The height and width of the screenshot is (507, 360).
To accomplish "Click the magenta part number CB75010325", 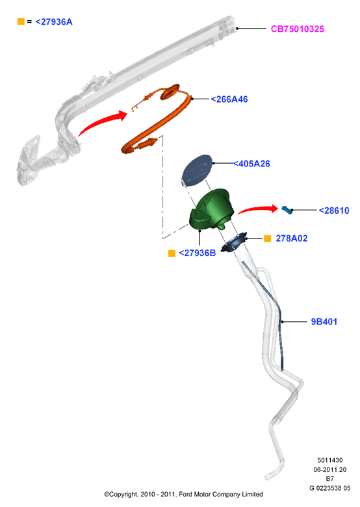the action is (298, 29).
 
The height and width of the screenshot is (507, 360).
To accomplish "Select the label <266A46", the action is (229, 99).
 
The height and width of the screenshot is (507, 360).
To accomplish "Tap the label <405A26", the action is (251, 164).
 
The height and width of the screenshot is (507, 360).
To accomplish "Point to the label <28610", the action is (334, 211).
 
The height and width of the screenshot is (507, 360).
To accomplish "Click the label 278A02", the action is (292, 239).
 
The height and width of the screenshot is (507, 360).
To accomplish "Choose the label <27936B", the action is (197, 253).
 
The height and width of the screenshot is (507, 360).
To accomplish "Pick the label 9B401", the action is (324, 322).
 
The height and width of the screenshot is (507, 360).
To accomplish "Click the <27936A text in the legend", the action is (54, 22).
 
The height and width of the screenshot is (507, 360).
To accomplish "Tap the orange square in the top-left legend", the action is (21, 21).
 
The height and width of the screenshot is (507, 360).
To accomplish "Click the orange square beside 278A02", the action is (267, 239).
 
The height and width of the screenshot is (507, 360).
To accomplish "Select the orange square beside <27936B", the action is (172, 253).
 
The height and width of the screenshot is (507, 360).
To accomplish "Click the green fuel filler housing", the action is (212, 209).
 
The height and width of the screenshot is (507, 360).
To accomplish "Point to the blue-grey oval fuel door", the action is (196, 170).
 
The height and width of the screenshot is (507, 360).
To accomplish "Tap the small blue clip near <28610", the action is (287, 209).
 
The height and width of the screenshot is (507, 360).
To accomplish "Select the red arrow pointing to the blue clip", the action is (258, 209).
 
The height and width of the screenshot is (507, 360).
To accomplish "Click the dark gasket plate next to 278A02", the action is (234, 242).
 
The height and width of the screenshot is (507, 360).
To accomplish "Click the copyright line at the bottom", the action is (183, 494).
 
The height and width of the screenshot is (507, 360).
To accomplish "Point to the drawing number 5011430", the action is (330, 460).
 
